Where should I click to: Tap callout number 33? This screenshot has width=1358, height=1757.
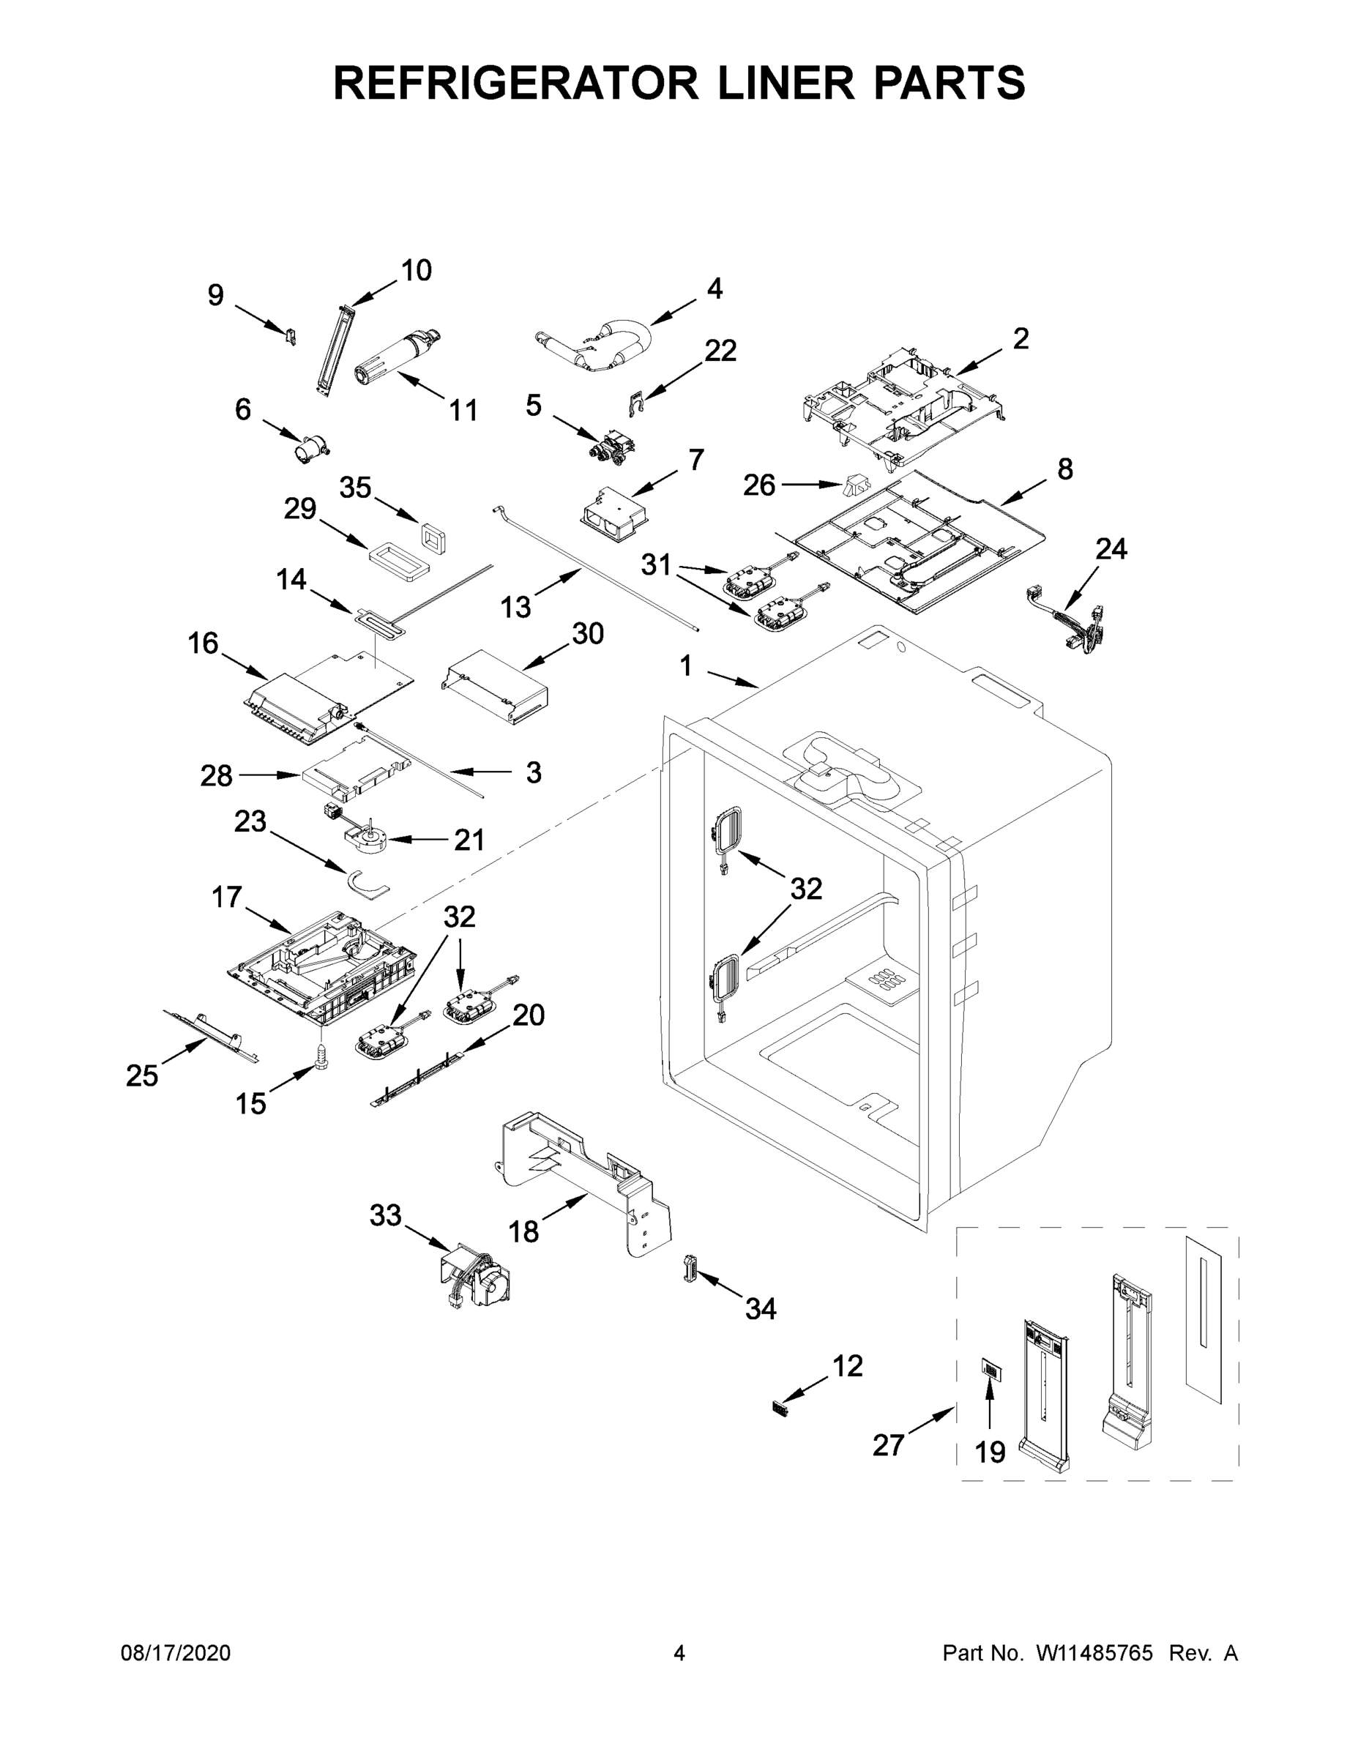coord(385,1215)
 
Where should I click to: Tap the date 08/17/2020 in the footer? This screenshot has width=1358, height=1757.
coord(176,1653)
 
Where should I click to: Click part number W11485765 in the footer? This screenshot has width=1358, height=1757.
coord(1094,1653)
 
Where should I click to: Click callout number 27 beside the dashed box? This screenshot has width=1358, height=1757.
coord(889,1446)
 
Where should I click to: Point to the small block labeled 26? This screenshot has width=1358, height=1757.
coord(856,486)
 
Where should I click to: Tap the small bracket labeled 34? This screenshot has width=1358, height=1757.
coord(690,1269)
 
